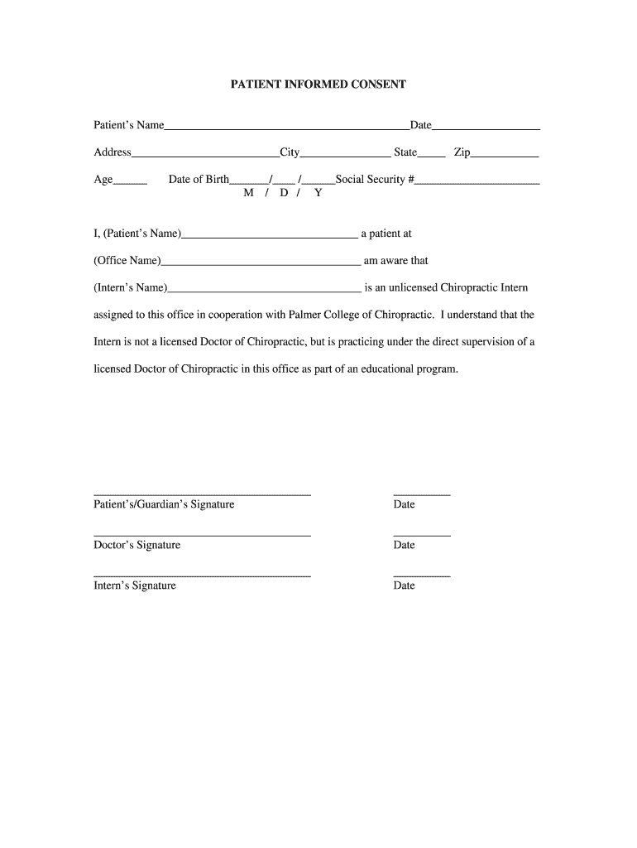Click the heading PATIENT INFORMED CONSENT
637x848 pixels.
pyautogui.click(x=318, y=84)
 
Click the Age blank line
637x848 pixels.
pyautogui.click(x=130, y=181)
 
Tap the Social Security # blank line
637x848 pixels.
pyautogui.click(x=477, y=181)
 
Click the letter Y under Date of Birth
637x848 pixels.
pyautogui.click(x=318, y=193)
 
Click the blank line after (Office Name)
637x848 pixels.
pyautogui.click(x=261, y=263)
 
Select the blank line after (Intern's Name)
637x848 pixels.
pyautogui.click(x=264, y=291)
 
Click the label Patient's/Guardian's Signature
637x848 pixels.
pyautogui.click(x=164, y=504)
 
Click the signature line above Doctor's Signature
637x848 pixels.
pyautogui.click(x=202, y=536)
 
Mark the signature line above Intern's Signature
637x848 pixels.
pyautogui.click(x=202, y=576)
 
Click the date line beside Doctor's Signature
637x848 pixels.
pyautogui.click(x=422, y=536)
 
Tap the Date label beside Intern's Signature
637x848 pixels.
pyautogui.click(x=405, y=585)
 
